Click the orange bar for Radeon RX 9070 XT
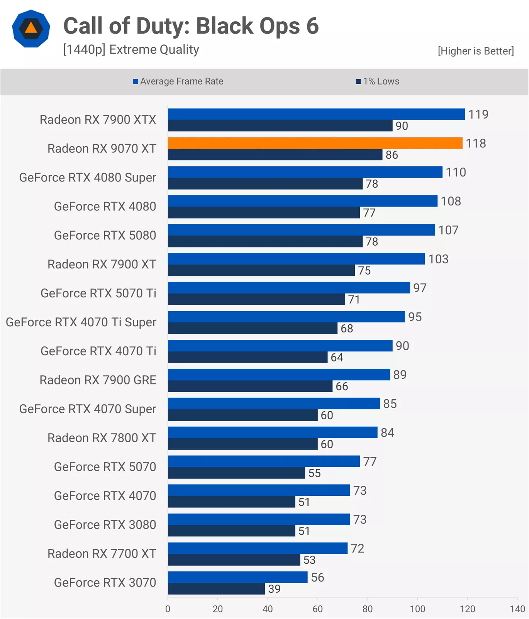click(315, 143)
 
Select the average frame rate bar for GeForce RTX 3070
click(237, 577)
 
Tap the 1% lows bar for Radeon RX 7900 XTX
click(280, 126)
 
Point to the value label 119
click(478, 114)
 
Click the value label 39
click(274, 589)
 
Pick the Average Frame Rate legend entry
click(178, 81)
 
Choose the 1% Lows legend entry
click(378, 81)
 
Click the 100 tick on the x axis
click(417, 609)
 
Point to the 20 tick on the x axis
click(218, 609)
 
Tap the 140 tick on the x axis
click(517, 609)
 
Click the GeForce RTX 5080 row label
click(105, 236)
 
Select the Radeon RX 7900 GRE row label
click(98, 380)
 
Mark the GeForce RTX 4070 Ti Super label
click(81, 322)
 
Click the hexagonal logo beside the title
click(31, 29)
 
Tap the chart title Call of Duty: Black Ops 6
click(191, 26)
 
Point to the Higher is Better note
click(476, 51)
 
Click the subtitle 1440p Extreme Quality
click(131, 50)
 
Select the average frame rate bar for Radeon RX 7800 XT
click(273, 432)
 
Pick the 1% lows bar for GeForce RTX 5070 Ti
click(256, 300)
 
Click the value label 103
click(438, 259)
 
